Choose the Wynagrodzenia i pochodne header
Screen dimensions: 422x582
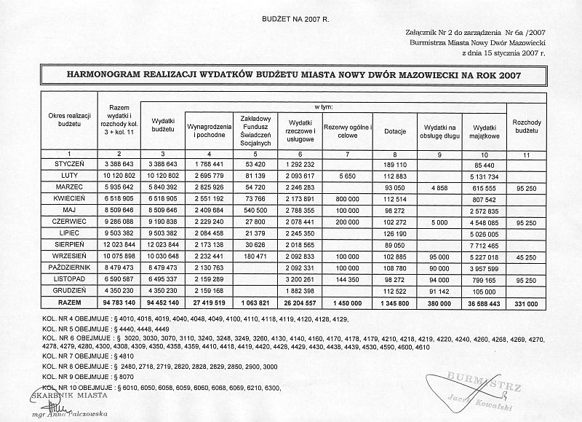(210, 128)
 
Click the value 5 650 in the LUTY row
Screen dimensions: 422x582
(346, 176)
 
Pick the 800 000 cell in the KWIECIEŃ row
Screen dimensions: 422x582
(346, 199)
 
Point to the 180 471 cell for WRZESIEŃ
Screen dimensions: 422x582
(255, 257)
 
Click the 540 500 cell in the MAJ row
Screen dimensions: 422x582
(255, 211)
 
